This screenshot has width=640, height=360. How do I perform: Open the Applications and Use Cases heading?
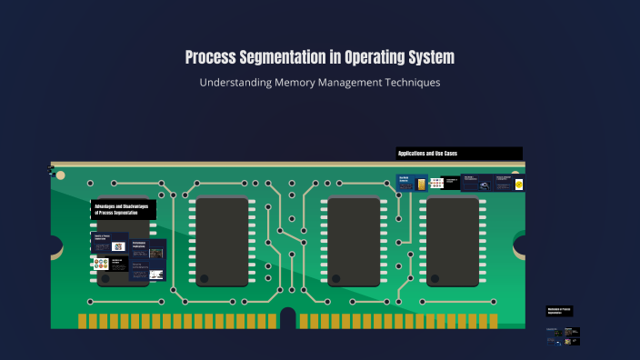click(x=459, y=154)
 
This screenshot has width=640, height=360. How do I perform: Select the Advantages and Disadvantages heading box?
click(x=124, y=209)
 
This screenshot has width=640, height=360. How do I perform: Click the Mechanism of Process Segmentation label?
click(x=559, y=311)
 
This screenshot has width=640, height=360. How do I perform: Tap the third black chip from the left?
click(x=354, y=241)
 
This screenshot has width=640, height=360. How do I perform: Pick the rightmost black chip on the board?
click(x=453, y=241)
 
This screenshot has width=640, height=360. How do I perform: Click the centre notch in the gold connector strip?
click(x=288, y=317)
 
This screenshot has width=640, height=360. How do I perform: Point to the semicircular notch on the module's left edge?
click(x=55, y=245)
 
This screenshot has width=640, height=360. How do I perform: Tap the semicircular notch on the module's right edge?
click(x=521, y=245)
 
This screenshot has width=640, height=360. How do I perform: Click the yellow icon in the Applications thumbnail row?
click(x=519, y=185)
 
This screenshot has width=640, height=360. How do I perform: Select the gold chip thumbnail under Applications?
click(x=421, y=185)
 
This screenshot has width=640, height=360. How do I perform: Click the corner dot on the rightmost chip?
click(x=435, y=278)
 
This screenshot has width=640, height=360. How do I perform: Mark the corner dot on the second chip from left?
click(x=205, y=278)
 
